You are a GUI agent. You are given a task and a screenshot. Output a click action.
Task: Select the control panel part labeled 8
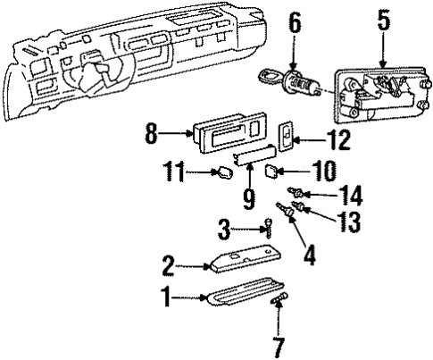tap(228, 140)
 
